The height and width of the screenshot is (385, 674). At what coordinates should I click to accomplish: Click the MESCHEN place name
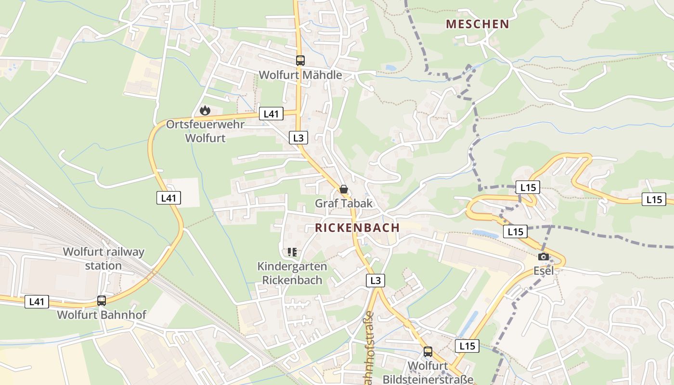pyautogui.click(x=477, y=24)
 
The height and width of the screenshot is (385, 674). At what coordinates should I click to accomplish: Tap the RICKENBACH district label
pyautogui.click(x=357, y=228)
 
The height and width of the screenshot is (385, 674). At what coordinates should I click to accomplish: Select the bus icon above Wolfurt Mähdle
pyautogui.click(x=300, y=61)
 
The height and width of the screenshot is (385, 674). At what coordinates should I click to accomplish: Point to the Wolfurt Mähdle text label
pyautogui.click(x=300, y=75)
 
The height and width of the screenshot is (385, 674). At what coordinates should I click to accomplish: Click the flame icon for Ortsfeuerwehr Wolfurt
pyautogui.click(x=205, y=111)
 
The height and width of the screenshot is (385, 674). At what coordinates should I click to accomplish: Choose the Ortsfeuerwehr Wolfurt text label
pyautogui.click(x=205, y=131)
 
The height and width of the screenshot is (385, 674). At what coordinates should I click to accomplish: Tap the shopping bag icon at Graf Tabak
pyautogui.click(x=344, y=189)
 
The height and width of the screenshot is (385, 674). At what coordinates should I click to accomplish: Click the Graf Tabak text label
pyautogui.click(x=344, y=203)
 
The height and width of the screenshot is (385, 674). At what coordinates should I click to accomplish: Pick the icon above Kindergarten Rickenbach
pyautogui.click(x=292, y=252)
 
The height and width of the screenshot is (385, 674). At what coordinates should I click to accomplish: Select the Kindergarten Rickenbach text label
pyautogui.click(x=292, y=273)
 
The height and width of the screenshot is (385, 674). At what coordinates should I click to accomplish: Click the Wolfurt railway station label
pyautogui.click(x=104, y=258)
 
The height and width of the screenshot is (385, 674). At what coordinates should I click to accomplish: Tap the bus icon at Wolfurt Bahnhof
pyautogui.click(x=102, y=301)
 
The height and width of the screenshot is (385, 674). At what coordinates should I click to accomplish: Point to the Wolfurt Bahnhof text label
pyautogui.click(x=102, y=315)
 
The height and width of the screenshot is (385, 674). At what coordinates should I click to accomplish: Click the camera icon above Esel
pyautogui.click(x=544, y=257)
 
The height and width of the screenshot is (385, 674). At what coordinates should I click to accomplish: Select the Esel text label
pyautogui.click(x=544, y=271)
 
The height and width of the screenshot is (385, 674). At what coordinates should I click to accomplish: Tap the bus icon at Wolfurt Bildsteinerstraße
pyautogui.click(x=428, y=352)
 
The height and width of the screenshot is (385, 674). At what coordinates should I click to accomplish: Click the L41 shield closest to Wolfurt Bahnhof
pyautogui.click(x=37, y=302)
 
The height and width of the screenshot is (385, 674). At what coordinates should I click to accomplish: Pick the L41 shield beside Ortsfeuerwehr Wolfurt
pyautogui.click(x=271, y=114)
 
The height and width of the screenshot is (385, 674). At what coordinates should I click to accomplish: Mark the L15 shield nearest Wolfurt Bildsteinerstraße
pyautogui.click(x=467, y=346)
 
